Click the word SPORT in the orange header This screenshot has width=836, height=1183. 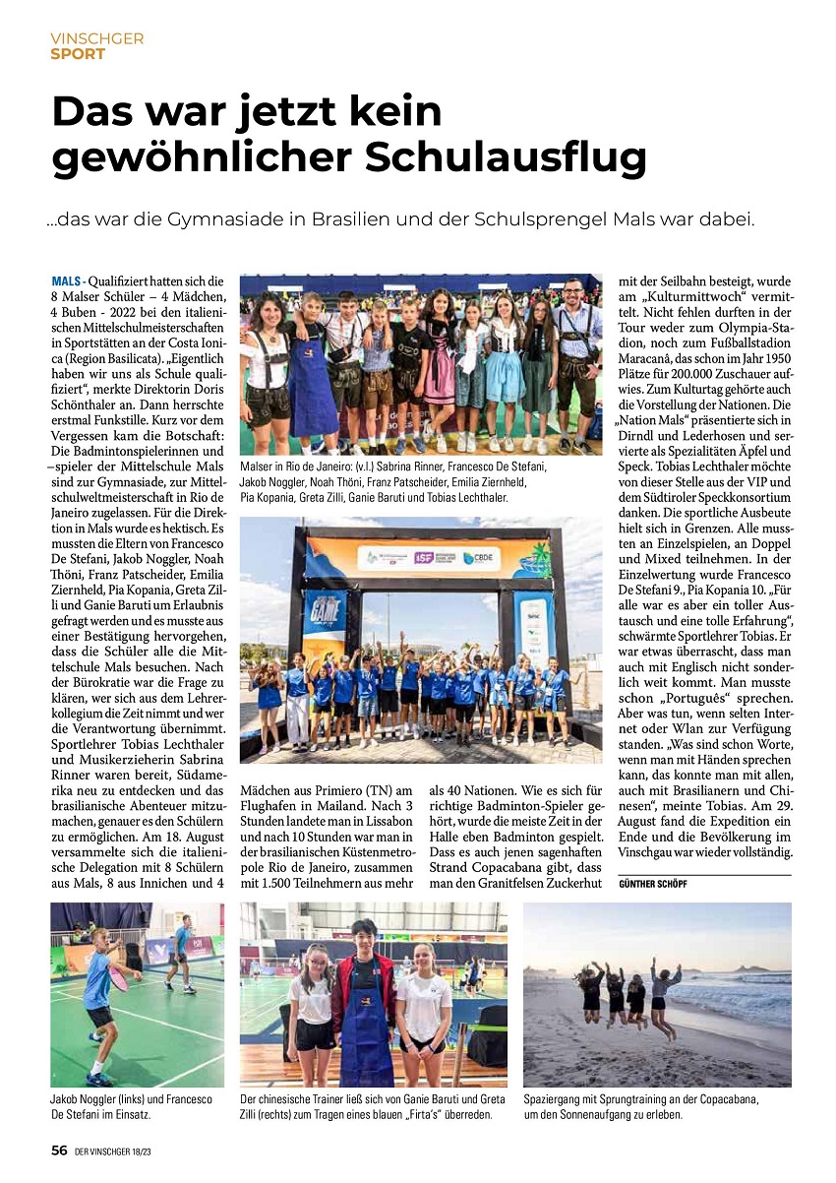pyautogui.click(x=78, y=54)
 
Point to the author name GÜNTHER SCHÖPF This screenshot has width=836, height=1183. pyautogui.click(x=653, y=885)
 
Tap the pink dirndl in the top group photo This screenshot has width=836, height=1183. pyautogui.click(x=440, y=369)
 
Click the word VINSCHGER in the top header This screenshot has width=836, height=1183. pyautogui.click(x=97, y=38)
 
